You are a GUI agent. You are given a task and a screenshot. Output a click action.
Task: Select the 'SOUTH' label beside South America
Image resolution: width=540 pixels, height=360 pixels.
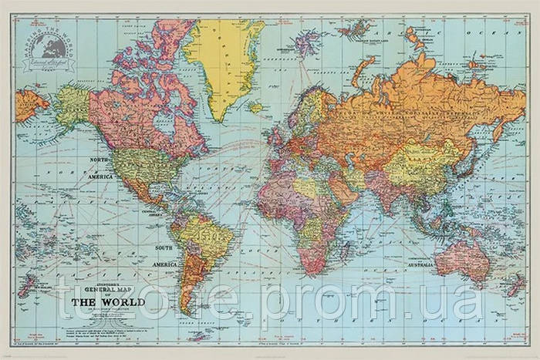164,247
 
